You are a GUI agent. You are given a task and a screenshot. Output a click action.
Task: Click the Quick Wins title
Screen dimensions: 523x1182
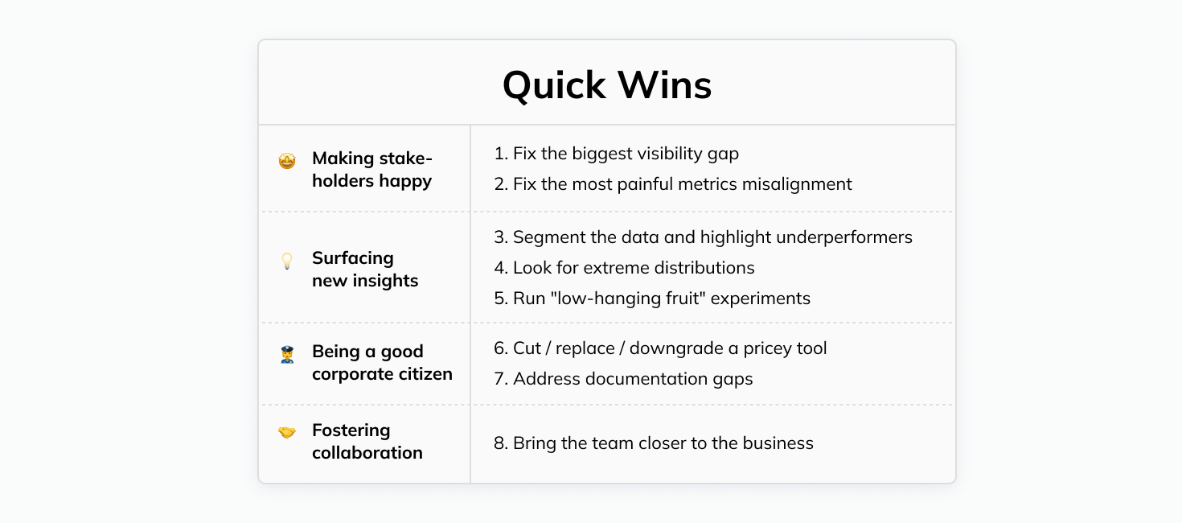(x=607, y=85)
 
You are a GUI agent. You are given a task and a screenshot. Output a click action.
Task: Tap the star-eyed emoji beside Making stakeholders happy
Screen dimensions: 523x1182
(x=287, y=161)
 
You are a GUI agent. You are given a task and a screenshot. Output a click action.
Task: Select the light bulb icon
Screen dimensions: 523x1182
(x=287, y=261)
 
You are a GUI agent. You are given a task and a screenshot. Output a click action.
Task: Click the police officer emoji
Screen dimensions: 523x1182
(x=287, y=354)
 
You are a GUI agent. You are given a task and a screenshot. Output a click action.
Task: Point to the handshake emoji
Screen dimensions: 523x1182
(x=287, y=433)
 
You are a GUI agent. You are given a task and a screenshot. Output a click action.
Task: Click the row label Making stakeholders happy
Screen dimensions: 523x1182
(x=371, y=170)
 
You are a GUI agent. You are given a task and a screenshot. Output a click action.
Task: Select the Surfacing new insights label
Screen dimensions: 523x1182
(x=364, y=270)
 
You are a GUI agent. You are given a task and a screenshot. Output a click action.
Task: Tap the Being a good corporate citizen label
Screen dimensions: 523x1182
(x=381, y=363)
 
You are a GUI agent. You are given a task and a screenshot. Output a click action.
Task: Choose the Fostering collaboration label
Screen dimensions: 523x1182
(x=367, y=442)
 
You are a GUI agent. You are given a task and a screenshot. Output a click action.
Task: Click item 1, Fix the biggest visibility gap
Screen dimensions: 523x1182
(x=616, y=153)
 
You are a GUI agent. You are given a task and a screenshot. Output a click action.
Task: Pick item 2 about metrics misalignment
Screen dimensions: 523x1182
(x=672, y=183)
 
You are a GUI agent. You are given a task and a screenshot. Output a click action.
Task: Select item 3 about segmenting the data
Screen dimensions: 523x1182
(x=703, y=237)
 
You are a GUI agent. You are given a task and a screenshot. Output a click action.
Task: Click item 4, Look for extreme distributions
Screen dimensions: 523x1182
(x=624, y=267)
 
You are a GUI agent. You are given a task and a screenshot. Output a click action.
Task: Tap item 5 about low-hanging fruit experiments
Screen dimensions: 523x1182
(x=652, y=299)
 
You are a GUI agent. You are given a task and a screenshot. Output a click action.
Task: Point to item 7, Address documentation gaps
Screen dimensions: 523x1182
(x=623, y=378)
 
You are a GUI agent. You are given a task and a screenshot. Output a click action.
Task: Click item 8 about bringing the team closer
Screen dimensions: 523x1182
(x=653, y=443)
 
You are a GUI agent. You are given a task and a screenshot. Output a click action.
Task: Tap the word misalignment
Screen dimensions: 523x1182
(x=799, y=183)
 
